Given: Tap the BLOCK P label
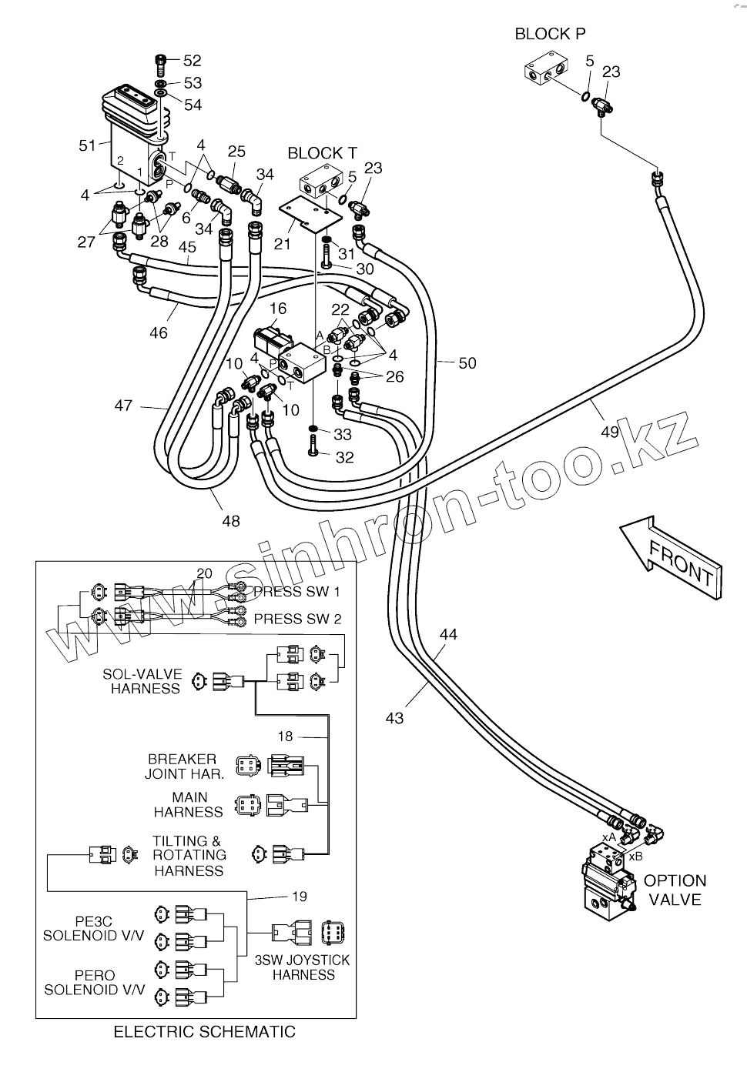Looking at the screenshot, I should coord(550,34).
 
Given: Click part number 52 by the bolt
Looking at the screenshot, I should coord(192,61).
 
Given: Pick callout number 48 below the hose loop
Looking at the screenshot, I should coord(230,521).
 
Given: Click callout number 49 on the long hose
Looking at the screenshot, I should coord(609,431).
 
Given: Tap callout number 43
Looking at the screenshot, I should coord(394,718).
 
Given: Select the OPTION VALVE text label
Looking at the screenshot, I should coord(675,890).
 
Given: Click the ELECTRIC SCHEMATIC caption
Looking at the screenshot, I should coord(204,1032).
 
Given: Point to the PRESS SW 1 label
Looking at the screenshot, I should coord(296,592).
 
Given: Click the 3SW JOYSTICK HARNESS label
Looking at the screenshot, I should coord(303,967).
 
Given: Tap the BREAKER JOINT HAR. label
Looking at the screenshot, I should coord(184,766).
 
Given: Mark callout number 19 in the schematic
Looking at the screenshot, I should coord(300,896).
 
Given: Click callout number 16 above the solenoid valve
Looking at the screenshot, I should coord(277,309).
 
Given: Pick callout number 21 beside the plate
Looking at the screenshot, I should coord(283,244).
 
